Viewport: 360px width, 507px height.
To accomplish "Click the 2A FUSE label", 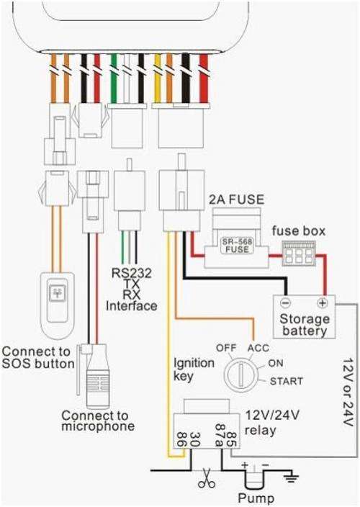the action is coord(236,199).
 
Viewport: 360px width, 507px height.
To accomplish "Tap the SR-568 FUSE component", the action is coord(237,246).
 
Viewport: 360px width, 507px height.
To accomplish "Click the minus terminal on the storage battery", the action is coord(286,303).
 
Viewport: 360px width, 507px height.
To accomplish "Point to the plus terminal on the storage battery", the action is coord(322,303).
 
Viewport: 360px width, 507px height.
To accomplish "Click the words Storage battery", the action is coord(304,325).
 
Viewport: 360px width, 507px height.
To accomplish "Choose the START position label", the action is coord(287,381).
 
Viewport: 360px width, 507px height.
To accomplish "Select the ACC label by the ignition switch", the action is coord(258,349).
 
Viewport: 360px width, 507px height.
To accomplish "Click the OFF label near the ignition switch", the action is coord(226,349).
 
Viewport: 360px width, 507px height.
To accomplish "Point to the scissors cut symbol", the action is coord(206,478).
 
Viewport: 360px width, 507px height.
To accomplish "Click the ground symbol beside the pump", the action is coord(291,477).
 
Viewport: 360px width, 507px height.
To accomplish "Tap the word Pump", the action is coord(256,498).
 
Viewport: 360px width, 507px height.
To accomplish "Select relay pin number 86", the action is coord(181,440).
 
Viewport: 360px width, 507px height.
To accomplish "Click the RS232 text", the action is coord(131,273).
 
